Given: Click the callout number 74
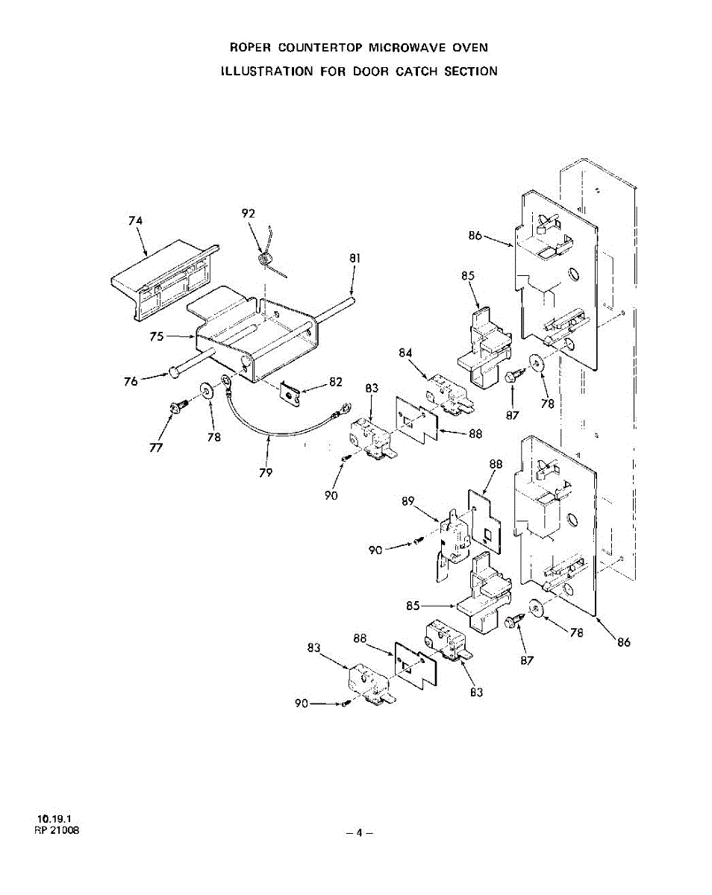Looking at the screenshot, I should click(x=135, y=221).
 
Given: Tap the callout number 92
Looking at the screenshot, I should click(x=249, y=213).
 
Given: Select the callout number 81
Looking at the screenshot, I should click(x=355, y=259).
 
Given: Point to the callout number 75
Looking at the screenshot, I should click(x=156, y=336).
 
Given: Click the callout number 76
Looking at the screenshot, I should click(x=130, y=380).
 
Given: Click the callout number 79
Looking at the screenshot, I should click(x=266, y=472).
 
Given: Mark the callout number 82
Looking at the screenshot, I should click(x=335, y=382).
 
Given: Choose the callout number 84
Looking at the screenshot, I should click(x=405, y=353).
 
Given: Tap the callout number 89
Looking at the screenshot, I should click(x=407, y=502).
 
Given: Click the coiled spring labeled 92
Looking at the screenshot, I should click(x=265, y=260).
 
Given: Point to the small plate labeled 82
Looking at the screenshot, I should click(x=294, y=392).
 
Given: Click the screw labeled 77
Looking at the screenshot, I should click(x=178, y=405).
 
